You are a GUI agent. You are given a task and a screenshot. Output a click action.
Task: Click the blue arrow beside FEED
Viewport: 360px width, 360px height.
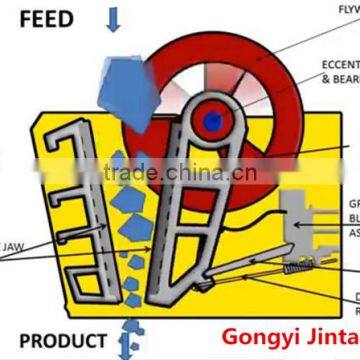[x=113, y=15]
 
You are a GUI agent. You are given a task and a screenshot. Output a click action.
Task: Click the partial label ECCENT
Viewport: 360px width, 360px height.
[x=339, y=64]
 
